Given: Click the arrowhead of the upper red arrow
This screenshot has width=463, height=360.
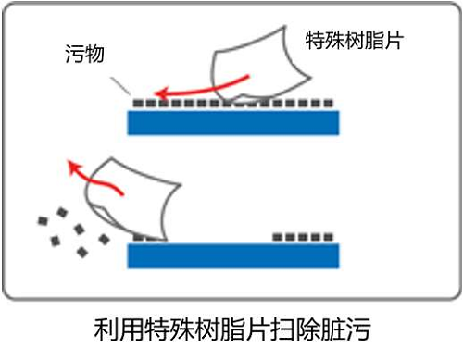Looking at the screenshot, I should [x=158, y=93].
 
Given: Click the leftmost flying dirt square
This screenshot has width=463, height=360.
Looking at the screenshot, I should [x=42, y=220].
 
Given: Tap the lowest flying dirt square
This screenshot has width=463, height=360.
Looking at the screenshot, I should [x=82, y=252].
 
